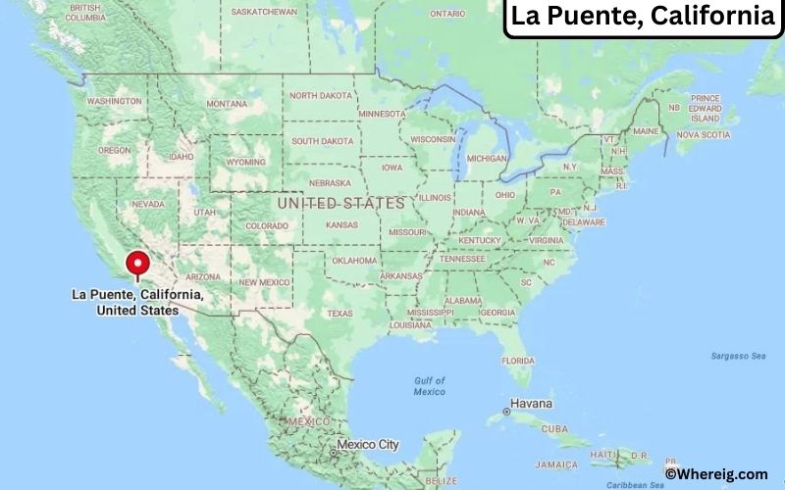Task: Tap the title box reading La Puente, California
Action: click(643, 18)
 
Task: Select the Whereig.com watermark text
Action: click(716, 473)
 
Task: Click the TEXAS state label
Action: click(340, 314)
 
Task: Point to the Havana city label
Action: click(531, 404)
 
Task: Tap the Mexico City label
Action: click(368, 445)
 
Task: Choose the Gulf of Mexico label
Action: click(429, 385)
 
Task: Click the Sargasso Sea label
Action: click(738, 356)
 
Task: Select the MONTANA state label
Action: click(226, 103)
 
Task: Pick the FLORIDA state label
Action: click(518, 361)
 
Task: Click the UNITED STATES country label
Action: click(340, 203)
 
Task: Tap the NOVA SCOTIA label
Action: click(703, 134)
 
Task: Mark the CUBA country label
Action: click(555, 428)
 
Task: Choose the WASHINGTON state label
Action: click(114, 101)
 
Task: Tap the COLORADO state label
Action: click(267, 225)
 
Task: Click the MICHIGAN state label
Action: click(487, 158)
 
